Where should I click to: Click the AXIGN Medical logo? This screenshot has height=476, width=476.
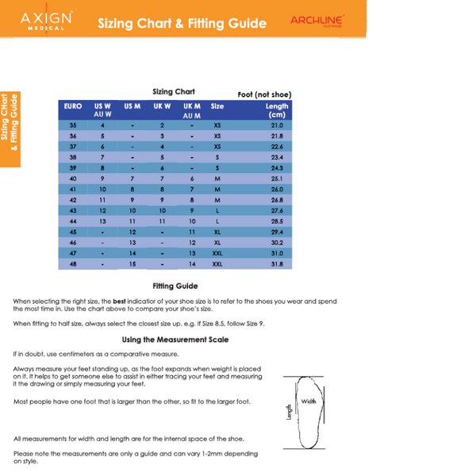(47, 19)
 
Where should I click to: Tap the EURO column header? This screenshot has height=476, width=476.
(73, 106)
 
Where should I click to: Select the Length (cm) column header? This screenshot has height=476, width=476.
(277, 110)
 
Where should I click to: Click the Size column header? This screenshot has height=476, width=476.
(217, 106)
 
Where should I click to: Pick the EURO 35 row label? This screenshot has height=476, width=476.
(73, 125)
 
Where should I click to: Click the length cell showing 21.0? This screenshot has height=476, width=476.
(277, 125)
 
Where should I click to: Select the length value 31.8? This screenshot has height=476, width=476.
(277, 264)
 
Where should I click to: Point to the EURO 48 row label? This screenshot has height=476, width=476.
(73, 264)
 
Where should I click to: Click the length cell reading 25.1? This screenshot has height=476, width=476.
(277, 178)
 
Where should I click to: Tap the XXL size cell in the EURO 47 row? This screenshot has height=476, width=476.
(217, 253)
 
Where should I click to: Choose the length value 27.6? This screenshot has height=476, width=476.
(277, 211)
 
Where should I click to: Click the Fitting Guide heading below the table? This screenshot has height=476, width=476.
(175, 286)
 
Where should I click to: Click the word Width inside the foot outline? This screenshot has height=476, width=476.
(309, 401)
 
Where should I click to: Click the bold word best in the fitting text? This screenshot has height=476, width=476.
(120, 301)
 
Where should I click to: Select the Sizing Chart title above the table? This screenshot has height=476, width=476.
(174, 92)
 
